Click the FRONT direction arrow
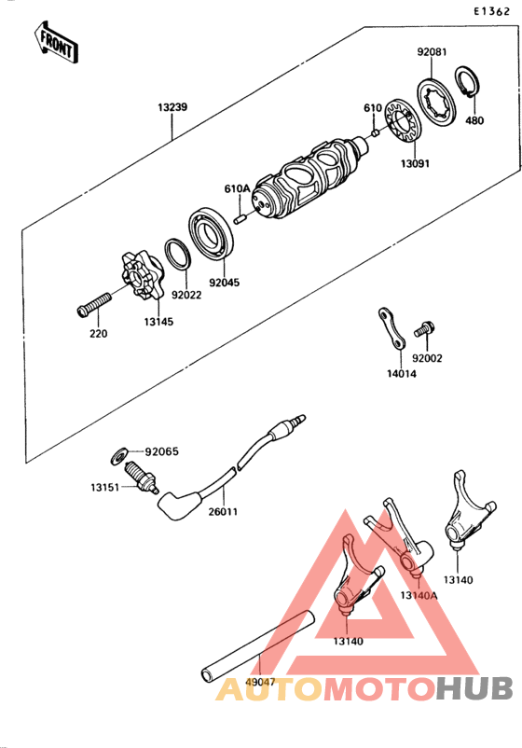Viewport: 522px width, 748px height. coord(54,42)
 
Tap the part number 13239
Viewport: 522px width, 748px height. coord(172,107)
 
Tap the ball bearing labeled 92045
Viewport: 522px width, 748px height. coord(213,236)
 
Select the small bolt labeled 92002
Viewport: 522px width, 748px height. coord(424,329)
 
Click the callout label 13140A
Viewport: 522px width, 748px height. coord(419,594)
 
